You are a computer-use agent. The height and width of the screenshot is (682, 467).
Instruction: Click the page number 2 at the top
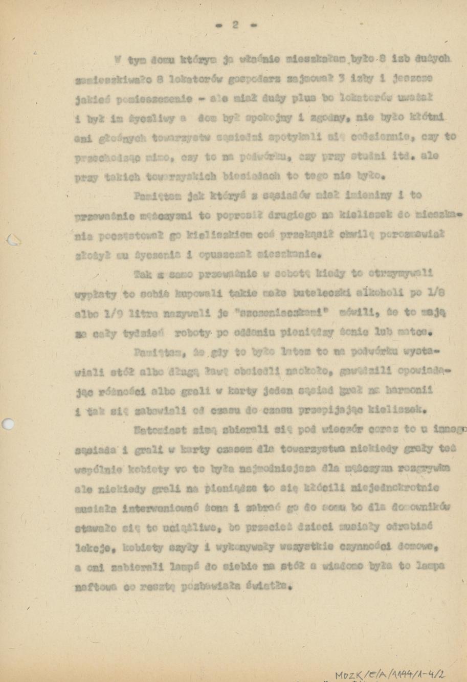235,26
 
